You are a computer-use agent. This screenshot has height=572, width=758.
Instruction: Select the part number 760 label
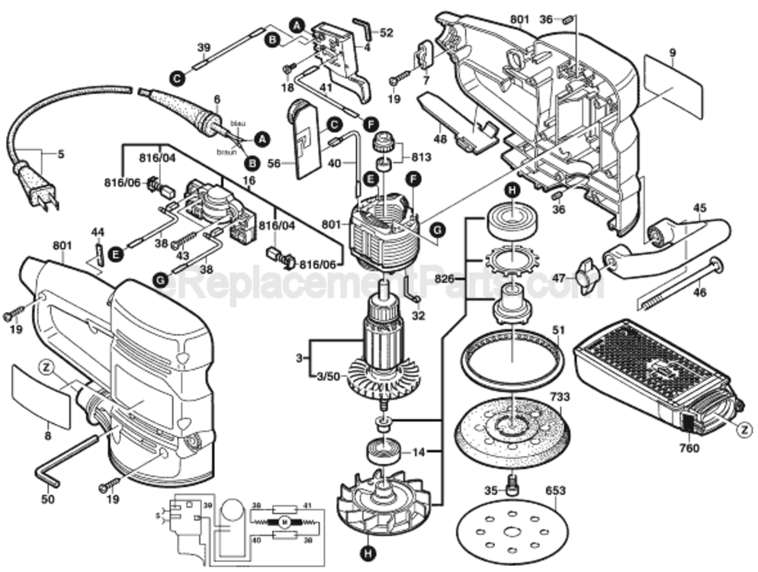click(689, 448)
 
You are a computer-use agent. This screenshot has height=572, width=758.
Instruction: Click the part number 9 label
click(673, 53)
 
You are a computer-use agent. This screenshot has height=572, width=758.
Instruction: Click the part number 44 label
click(98, 231)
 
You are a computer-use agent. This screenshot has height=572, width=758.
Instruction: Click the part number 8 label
click(47, 436)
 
